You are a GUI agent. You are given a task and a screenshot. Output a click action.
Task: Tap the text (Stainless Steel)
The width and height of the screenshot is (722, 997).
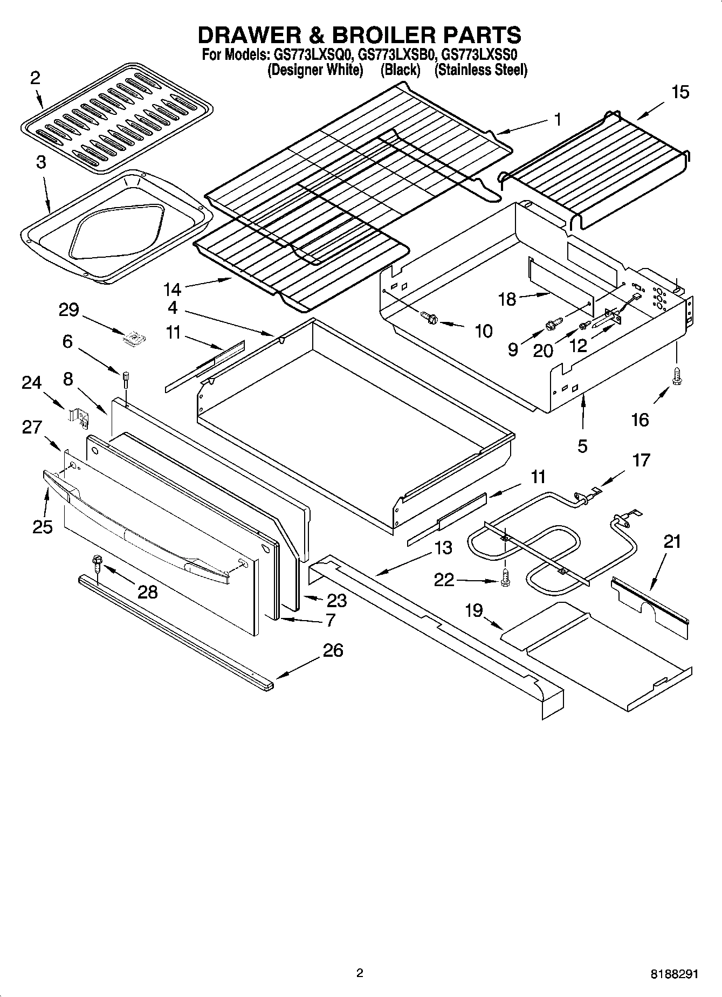pos(480,70)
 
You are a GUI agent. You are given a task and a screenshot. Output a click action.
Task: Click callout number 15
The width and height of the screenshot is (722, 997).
pos(680,92)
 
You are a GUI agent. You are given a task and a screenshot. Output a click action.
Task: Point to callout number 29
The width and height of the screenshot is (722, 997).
pos(69,310)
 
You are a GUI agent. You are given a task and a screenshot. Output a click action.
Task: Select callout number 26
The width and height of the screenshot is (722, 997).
pos(333,651)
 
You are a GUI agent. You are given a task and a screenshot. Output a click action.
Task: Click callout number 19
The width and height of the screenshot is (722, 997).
pos(474,610)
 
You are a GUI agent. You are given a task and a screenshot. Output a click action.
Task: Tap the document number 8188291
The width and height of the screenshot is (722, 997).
pos(674,974)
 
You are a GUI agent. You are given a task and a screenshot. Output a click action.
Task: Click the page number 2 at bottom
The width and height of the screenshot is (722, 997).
pos(360,973)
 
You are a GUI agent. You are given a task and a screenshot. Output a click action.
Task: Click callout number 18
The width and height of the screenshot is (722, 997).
pos(507,299)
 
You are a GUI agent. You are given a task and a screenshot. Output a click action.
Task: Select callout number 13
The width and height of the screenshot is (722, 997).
pos(443,548)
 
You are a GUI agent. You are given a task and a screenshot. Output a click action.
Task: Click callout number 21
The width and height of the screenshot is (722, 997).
pos(672,541)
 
